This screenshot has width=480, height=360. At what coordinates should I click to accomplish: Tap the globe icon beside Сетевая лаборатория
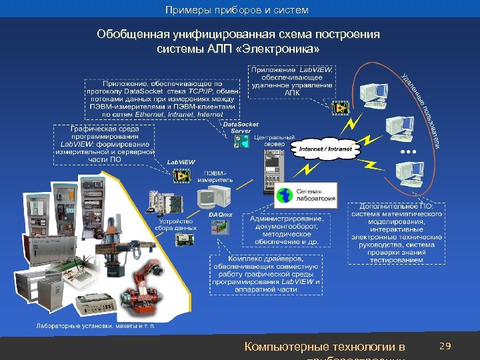point(285,195)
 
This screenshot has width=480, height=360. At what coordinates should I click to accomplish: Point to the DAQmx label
point(221,215)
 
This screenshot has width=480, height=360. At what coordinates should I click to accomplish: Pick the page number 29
point(446,346)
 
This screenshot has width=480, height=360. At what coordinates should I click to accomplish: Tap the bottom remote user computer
point(407,175)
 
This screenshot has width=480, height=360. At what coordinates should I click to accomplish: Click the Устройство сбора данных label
point(177,225)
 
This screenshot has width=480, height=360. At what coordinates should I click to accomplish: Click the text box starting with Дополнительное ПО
point(397,233)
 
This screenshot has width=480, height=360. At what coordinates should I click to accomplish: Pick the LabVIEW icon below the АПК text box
point(341,107)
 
